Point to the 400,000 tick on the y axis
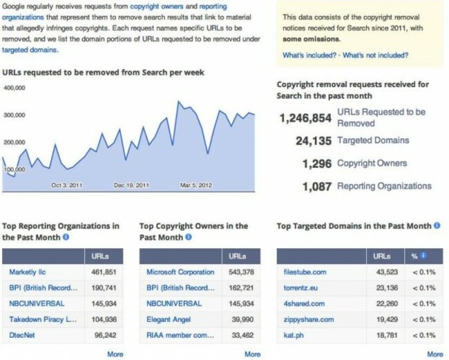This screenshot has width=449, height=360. (x=15, y=88)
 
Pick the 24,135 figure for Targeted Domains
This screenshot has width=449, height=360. (x=313, y=141)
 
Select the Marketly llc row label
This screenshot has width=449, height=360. (x=28, y=272)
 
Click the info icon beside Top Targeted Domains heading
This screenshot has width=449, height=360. (x=437, y=226)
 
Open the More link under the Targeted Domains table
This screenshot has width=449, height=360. (x=434, y=354)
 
